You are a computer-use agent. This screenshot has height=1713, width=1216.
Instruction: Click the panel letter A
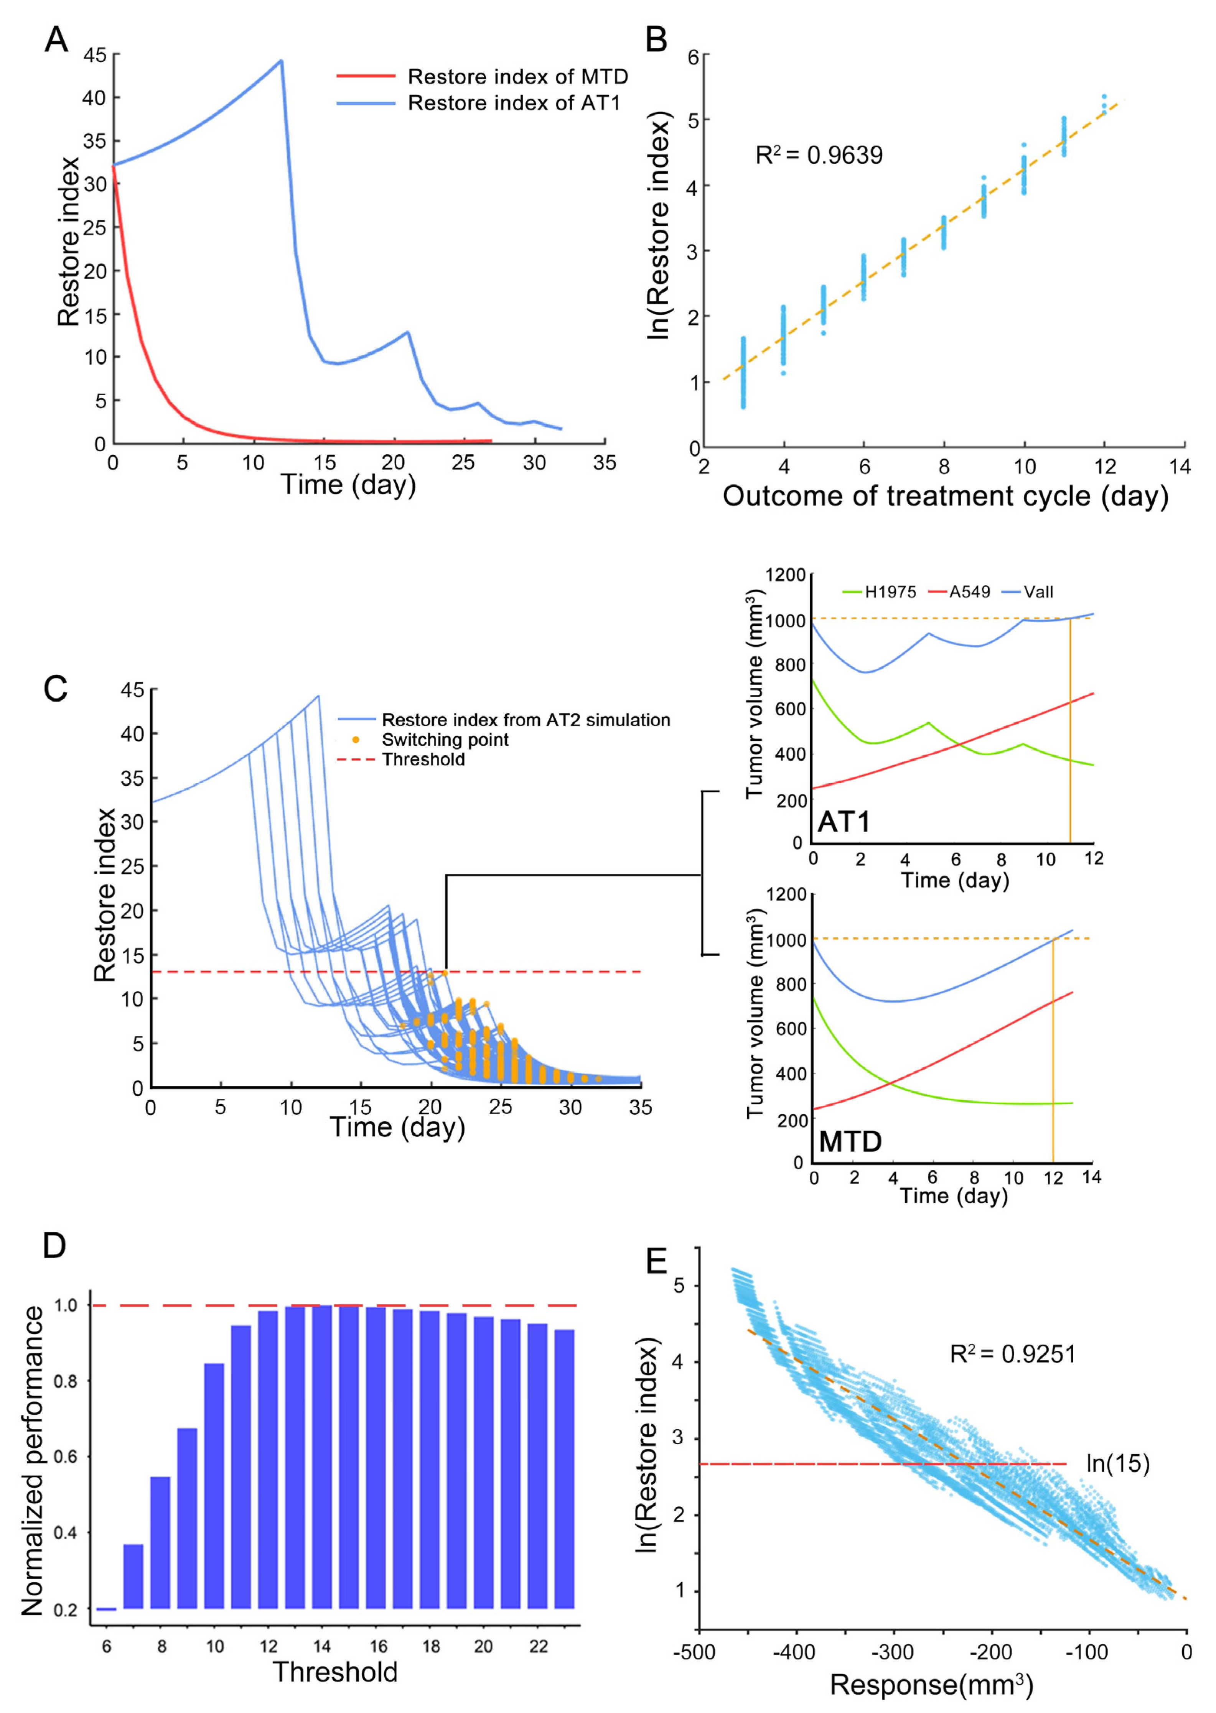[x=56, y=39]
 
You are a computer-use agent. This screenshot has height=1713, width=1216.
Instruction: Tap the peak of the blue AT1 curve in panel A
[x=281, y=61]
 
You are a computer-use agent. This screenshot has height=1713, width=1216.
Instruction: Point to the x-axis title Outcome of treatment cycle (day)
[x=945, y=496]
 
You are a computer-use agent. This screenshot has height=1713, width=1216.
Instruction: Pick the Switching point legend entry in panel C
[x=445, y=740]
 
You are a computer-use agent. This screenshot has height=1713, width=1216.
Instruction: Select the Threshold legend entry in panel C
[x=423, y=760]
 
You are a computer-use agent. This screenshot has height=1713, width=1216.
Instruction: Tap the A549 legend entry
[x=970, y=592]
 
